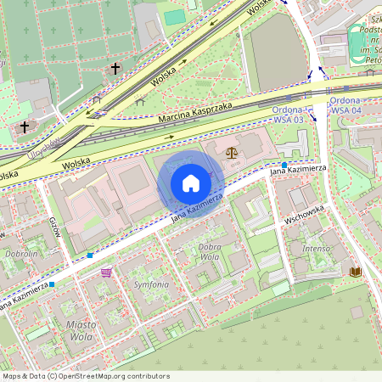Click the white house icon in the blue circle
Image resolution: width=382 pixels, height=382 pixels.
coord(191,183)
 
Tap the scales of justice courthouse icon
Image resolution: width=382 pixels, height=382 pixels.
coord(232,153)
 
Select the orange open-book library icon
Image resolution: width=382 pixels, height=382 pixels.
coord(354,272)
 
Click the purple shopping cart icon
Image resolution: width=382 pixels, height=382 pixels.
coord(106,272)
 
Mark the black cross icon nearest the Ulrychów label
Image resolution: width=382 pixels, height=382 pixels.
coord(25,127)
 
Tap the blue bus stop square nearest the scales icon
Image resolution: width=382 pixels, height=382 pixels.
coord(284,164)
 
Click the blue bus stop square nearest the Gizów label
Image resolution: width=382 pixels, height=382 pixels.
coord(90,255)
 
